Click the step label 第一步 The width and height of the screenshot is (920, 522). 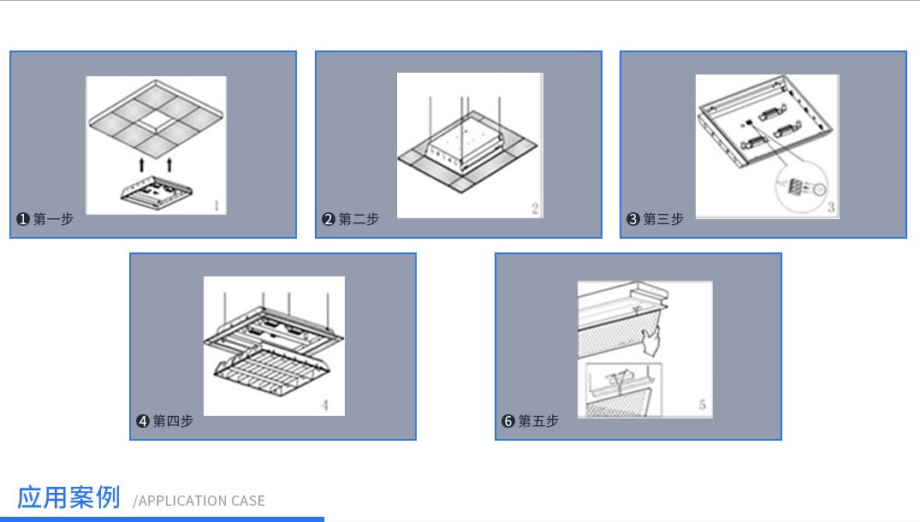[53, 219]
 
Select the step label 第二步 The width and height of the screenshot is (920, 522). [359, 219]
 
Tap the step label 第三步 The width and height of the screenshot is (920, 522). [663, 219]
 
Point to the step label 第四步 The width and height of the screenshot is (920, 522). [173, 421]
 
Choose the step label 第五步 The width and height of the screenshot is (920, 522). [538, 421]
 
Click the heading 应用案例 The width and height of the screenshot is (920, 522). [68, 497]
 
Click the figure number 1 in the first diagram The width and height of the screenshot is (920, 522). [217, 205]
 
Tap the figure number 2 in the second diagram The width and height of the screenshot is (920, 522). [535, 208]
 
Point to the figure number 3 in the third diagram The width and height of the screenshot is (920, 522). [831, 207]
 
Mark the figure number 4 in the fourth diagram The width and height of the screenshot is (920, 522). [325, 405]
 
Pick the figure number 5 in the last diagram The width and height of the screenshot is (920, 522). [703, 405]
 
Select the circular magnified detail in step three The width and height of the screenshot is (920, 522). [802, 187]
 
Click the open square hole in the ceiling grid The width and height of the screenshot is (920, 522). [156, 121]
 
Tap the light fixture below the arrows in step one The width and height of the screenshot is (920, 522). [156, 191]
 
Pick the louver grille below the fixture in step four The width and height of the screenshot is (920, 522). [271, 370]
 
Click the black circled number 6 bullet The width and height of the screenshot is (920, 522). [508, 421]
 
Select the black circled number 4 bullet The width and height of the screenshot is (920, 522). [143, 421]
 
